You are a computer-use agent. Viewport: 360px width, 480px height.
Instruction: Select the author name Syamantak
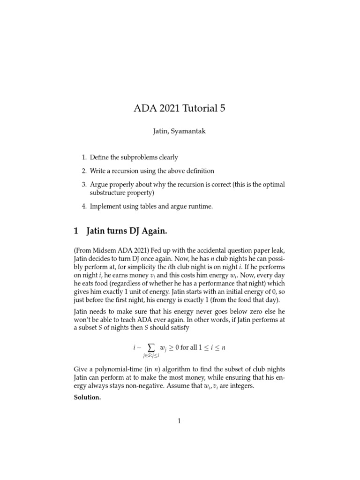pyautogui.click(x=189, y=132)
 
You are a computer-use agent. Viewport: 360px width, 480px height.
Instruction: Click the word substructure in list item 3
pyautogui.click(x=107, y=193)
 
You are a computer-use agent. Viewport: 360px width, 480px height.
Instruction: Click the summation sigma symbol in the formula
pyautogui.click(x=151, y=347)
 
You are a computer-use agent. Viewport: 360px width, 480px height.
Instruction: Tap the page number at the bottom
pyautogui.click(x=180, y=421)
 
